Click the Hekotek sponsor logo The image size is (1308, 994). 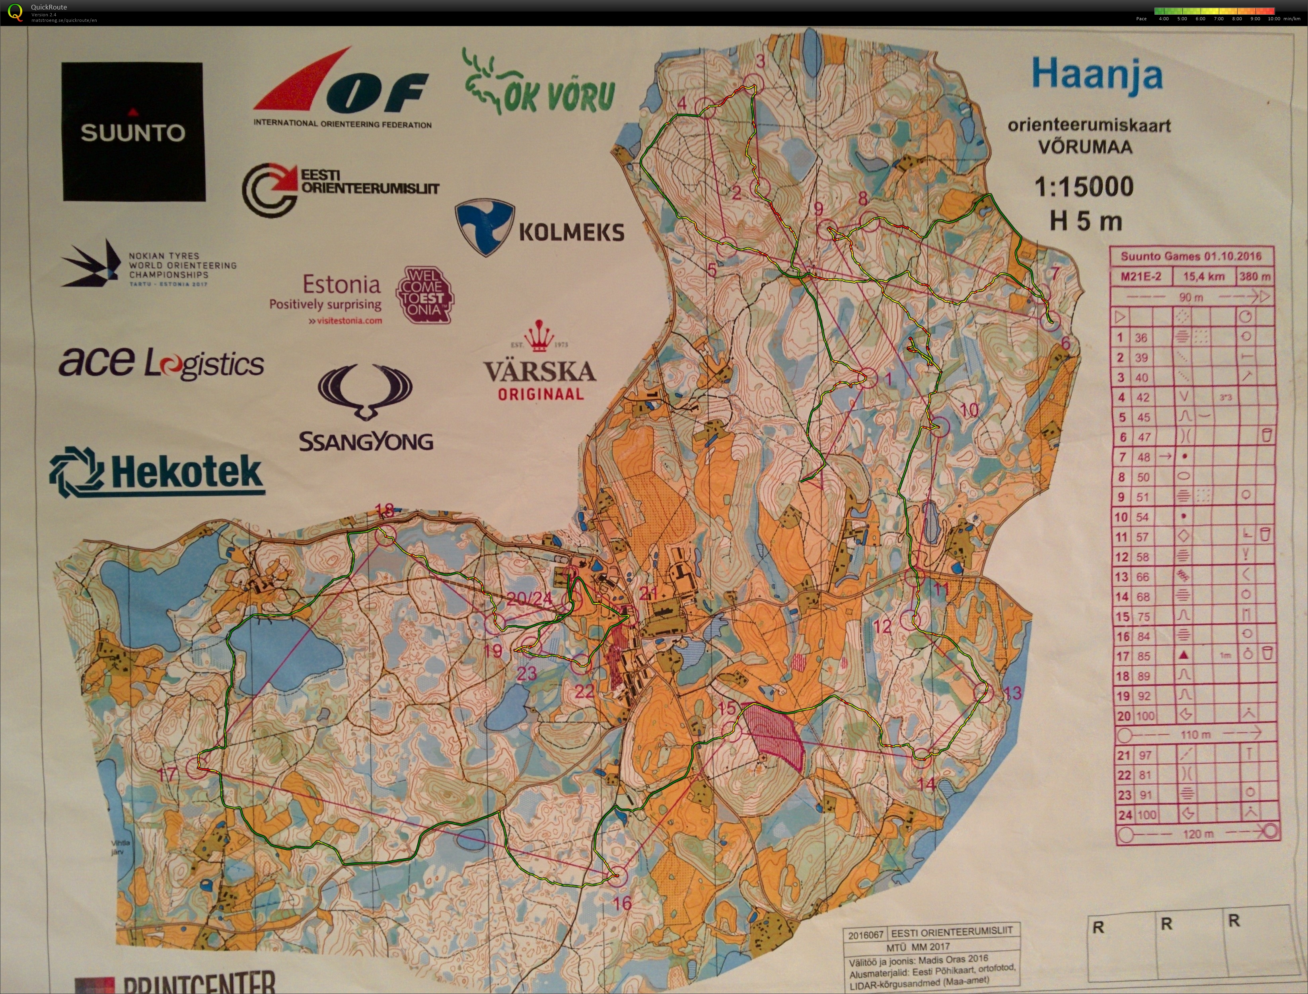click(x=157, y=472)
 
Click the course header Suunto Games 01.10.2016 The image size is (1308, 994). click(x=1191, y=256)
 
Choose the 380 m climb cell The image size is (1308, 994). click(x=1254, y=276)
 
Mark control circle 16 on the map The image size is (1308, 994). click(x=617, y=876)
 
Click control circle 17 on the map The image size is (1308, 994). click(x=197, y=768)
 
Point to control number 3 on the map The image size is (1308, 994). click(x=761, y=60)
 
